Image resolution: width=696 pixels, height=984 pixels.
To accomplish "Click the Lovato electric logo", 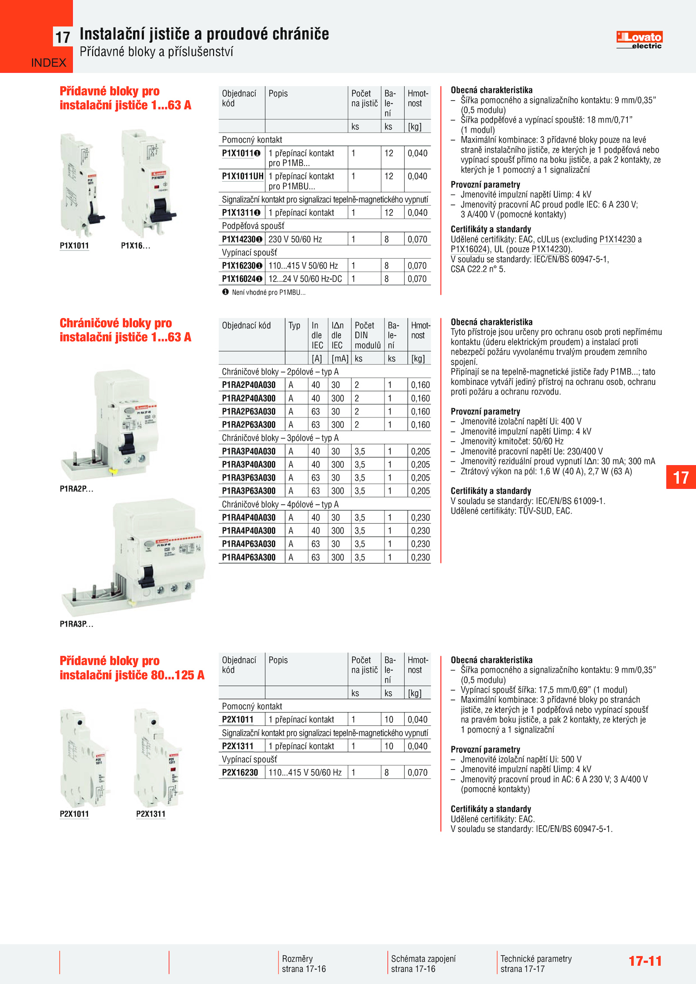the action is (x=639, y=40).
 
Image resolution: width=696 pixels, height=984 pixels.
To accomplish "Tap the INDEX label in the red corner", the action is (x=49, y=63).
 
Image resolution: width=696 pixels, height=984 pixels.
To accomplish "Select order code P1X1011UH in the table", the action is (x=243, y=176).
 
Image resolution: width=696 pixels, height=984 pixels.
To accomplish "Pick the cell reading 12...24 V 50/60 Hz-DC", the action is (x=305, y=279).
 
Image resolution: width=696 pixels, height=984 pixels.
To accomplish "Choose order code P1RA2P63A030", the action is (x=249, y=411).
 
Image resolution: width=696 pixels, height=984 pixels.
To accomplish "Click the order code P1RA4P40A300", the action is (x=249, y=530).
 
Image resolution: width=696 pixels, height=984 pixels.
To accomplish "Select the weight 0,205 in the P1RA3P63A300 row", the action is (x=420, y=491).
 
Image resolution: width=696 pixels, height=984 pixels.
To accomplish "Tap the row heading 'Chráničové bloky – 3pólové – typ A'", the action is (x=280, y=438).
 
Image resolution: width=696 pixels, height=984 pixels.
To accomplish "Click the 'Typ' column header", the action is (x=294, y=326).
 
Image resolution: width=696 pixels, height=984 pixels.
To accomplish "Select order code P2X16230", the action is (x=240, y=773).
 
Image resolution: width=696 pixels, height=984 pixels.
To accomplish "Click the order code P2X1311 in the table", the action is (x=238, y=746).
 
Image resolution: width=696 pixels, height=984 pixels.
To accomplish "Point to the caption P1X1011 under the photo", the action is (x=74, y=246).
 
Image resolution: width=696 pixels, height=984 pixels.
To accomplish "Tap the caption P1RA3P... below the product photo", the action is (x=77, y=624).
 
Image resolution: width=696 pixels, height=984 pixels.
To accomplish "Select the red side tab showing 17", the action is (x=681, y=477).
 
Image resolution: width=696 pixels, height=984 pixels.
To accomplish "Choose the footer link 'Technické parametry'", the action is (x=536, y=959).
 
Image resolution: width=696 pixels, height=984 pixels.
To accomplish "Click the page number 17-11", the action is (x=645, y=961).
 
